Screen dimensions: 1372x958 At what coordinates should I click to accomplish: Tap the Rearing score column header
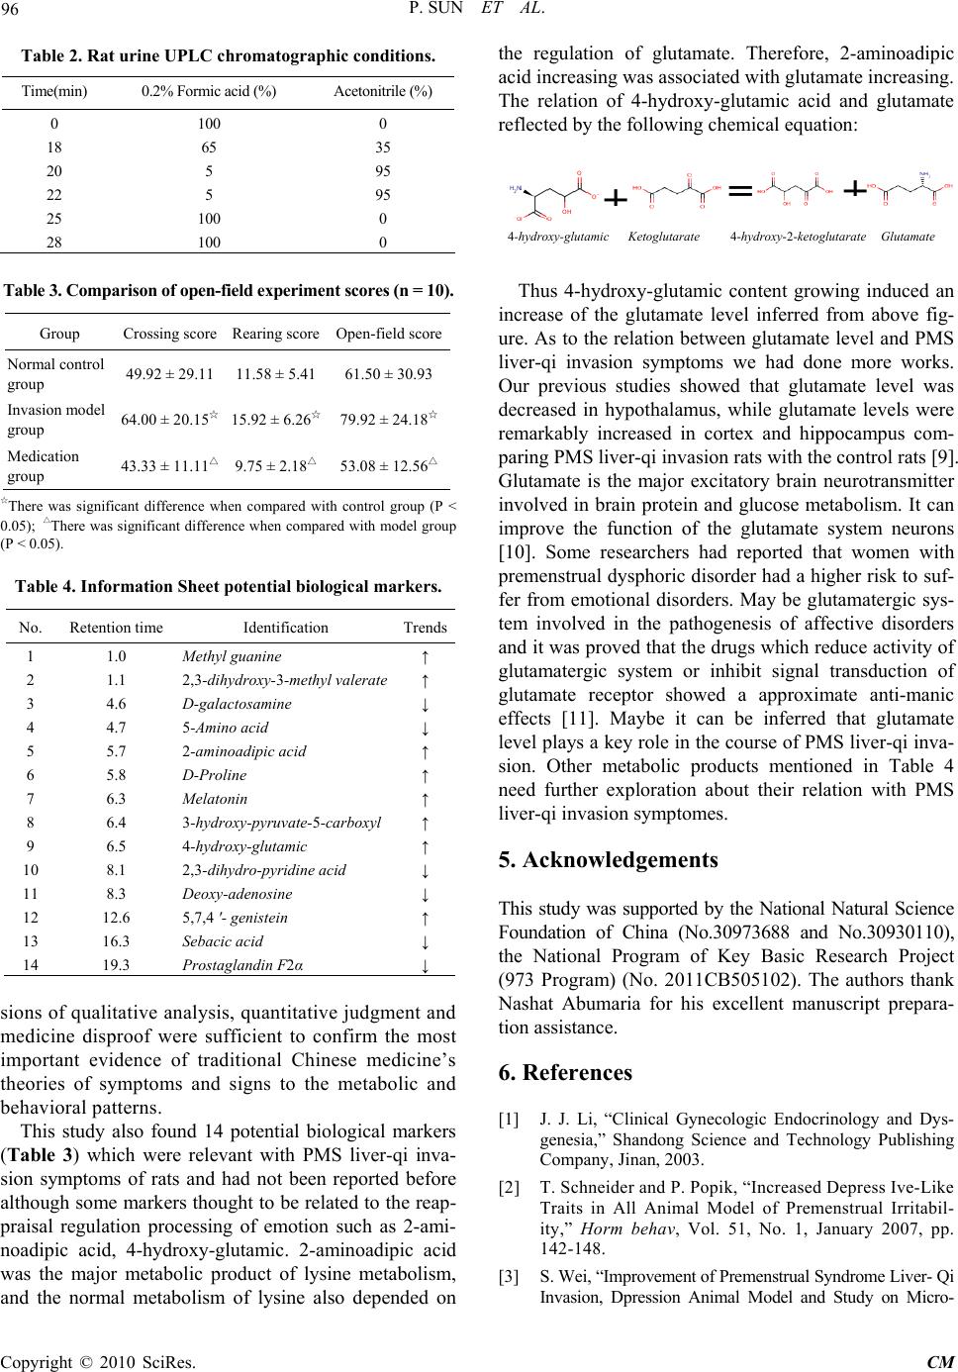(276, 334)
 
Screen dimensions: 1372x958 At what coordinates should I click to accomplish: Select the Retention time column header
(117, 628)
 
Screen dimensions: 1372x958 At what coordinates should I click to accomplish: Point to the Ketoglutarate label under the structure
(664, 238)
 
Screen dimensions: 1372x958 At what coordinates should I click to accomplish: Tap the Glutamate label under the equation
(908, 238)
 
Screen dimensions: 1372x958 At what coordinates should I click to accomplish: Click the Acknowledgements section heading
(609, 859)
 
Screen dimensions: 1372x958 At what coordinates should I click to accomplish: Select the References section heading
(565, 1072)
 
